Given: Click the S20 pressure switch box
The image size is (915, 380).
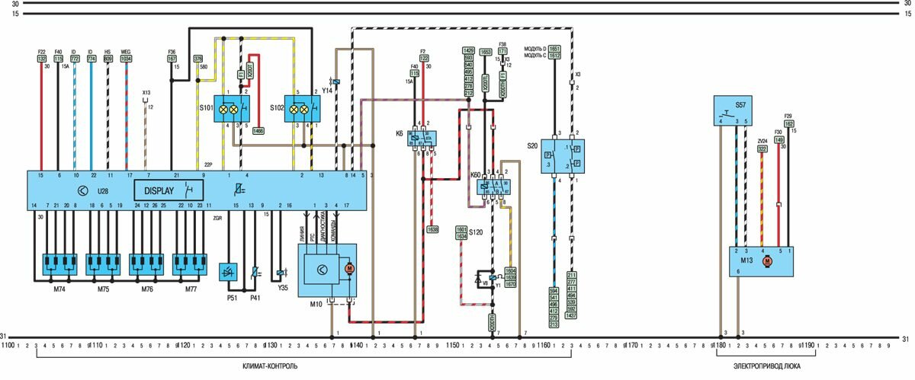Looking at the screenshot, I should click(563, 155).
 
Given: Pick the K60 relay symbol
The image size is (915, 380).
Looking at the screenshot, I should click(493, 186).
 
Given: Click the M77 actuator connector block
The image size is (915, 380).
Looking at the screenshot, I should click(189, 263).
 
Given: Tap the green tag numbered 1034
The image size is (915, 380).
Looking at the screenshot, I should click(126, 58).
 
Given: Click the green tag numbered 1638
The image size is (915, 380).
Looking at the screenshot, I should click(432, 228).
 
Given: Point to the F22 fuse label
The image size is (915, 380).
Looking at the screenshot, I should click(41, 52).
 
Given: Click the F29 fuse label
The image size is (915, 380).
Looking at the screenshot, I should click(789, 117).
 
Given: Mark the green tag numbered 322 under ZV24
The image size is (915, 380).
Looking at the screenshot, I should click(762, 149).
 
